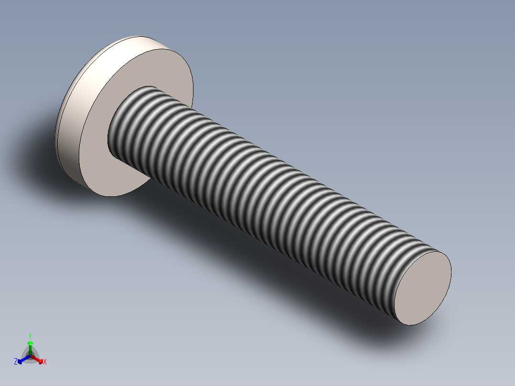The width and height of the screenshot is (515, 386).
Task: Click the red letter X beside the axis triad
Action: tap(45, 362)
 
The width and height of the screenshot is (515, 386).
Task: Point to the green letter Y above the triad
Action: tap(30, 336)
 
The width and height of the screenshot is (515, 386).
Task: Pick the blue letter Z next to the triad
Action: tap(16, 362)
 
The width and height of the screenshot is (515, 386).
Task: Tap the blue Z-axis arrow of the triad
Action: tap(21, 360)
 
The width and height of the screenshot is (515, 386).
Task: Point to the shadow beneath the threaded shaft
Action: tap(287, 268)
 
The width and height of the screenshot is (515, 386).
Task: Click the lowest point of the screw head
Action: tap(107, 195)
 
